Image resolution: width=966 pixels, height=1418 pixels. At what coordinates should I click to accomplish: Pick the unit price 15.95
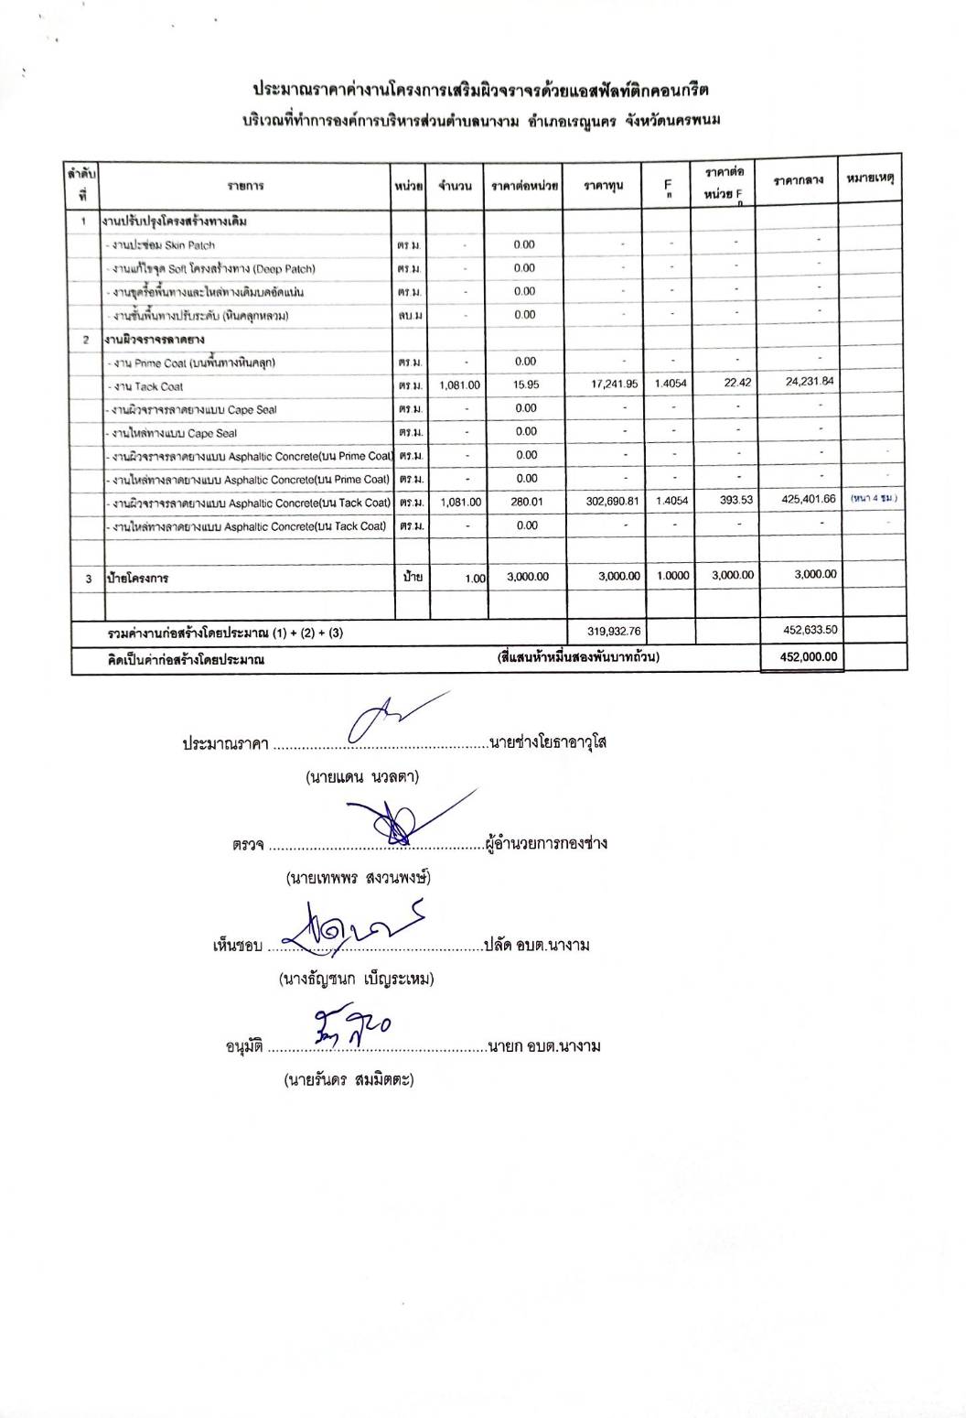(x=526, y=384)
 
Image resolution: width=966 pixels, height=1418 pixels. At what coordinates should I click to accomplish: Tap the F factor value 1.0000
(x=671, y=575)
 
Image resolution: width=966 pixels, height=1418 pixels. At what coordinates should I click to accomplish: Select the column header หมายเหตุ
(x=870, y=179)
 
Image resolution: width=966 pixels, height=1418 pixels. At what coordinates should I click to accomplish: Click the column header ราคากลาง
(x=799, y=181)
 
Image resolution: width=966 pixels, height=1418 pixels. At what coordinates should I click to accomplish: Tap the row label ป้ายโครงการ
(x=137, y=579)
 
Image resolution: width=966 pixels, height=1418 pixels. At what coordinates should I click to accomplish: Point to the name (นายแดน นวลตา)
(x=362, y=777)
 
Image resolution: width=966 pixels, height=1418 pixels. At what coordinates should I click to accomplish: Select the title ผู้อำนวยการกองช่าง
(x=547, y=842)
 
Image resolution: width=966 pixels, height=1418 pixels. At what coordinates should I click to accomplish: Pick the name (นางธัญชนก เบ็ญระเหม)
(x=356, y=979)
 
